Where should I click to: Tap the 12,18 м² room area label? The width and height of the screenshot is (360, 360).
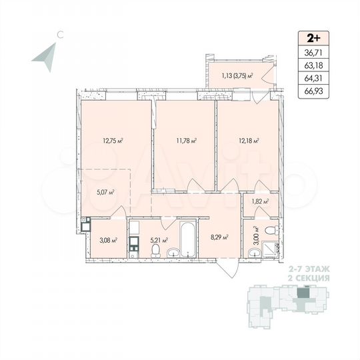click(247, 140)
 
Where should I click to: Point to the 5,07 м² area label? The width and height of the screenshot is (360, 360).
click(105, 193)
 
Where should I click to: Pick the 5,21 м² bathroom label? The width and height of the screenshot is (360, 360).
click(159, 240)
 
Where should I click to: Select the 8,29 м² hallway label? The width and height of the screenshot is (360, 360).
click(219, 236)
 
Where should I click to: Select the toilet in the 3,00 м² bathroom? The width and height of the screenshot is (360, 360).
click(269, 231)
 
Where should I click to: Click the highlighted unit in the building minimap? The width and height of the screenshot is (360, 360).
click(303, 292)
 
